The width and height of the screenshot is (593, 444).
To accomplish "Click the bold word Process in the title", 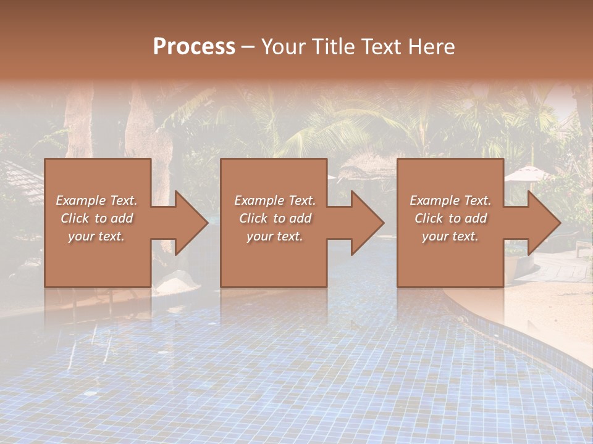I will click(194, 46).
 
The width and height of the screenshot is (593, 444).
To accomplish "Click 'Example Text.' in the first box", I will click(96, 200).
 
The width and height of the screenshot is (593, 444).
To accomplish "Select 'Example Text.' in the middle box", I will click(274, 200).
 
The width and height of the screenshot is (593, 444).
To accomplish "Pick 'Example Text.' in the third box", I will click(450, 200).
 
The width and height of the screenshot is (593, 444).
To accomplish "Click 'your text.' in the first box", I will click(96, 236).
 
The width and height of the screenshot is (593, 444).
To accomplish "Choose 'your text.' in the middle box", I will click(274, 236).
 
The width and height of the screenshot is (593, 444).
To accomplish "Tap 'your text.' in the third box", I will click(450, 236).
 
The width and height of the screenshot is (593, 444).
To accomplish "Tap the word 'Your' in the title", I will click(282, 46).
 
